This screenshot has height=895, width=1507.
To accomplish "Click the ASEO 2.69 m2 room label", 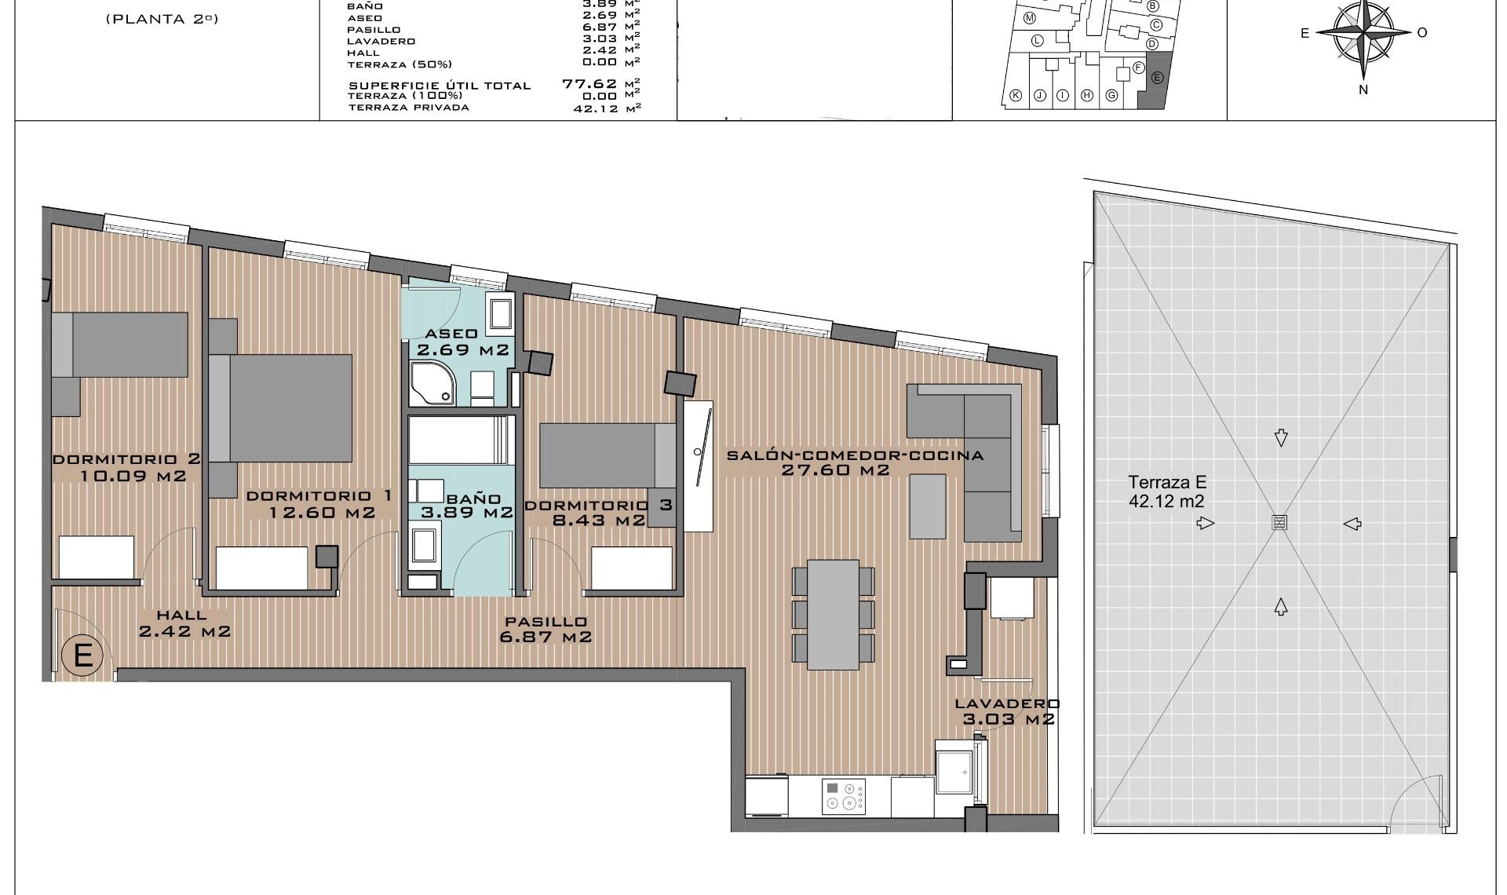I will [x=462, y=342].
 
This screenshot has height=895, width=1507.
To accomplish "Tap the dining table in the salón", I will [x=833, y=614].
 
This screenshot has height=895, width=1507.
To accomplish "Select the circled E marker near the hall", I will [x=82, y=654].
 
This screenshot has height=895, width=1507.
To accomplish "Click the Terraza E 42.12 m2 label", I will [x=1166, y=492].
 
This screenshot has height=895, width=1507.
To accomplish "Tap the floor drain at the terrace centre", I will [x=1279, y=523].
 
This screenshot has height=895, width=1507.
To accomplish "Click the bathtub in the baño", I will [x=462, y=440].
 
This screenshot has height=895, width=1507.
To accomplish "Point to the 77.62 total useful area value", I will [x=589, y=83].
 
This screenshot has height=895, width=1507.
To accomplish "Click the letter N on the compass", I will [x=1363, y=90].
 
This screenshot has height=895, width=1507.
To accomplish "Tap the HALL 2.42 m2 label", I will [x=184, y=623].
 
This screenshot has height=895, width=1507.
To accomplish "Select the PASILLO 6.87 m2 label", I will [x=546, y=629].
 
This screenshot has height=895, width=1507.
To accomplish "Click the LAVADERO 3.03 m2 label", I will [x=1007, y=712].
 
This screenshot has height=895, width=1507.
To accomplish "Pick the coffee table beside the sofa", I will [x=927, y=506].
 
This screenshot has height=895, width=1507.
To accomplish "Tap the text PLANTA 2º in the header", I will [x=161, y=19].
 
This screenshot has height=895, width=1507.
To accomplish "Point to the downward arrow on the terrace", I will [x=1281, y=437].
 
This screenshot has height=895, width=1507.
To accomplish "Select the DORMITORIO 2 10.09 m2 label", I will [x=126, y=467].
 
